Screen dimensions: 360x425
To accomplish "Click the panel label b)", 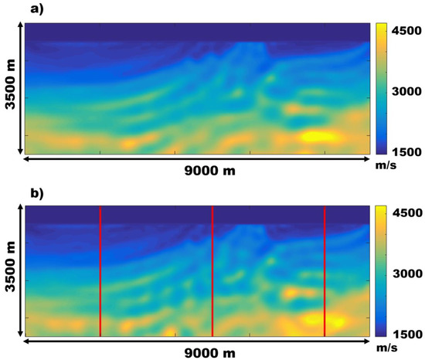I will tap(12, 192).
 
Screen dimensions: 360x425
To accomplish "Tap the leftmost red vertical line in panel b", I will tap(100, 270).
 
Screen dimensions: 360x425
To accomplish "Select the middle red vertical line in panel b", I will tap(212, 270).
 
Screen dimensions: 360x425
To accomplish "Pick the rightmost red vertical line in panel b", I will tap(325, 270).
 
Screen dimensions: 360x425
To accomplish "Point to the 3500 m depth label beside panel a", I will tap(10, 87).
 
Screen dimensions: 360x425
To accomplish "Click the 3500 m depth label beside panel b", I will tap(10, 270).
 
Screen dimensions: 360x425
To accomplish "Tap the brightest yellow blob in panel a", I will tap(318, 137).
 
